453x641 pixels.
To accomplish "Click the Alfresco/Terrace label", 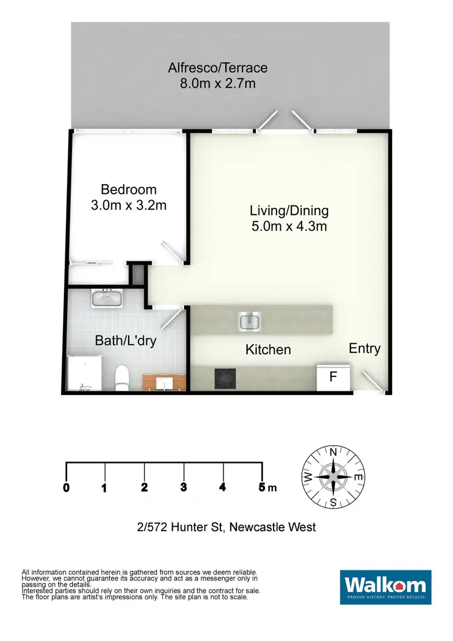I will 217,68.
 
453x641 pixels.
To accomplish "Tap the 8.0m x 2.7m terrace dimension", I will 217,83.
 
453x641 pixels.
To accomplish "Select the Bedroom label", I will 129,190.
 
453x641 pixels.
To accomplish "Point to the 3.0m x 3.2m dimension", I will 129,205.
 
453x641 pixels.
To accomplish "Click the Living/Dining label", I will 289,211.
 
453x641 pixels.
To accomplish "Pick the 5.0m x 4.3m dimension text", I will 289,227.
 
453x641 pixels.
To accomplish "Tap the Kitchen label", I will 268,350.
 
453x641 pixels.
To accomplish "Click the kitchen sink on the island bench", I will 249,321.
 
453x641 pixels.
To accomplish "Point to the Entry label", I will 365,349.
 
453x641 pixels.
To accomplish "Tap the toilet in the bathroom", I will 121,377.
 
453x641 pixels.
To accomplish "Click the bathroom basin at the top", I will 108,298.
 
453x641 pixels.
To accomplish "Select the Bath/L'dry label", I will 126,341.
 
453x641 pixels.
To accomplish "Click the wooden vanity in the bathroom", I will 163,382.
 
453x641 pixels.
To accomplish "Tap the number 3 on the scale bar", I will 183,488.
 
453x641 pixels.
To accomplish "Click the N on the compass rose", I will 333,451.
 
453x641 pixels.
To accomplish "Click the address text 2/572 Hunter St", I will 226,527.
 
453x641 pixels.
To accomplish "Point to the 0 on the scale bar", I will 66,488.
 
